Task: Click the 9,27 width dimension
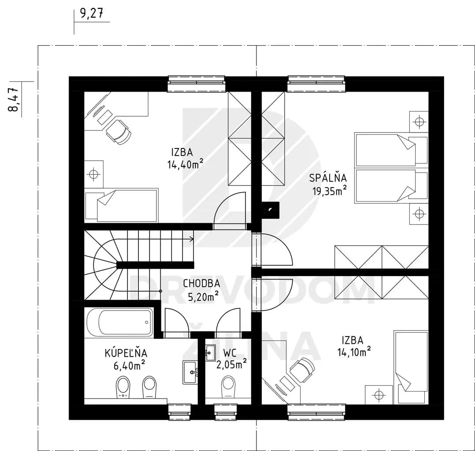click(x=92, y=14)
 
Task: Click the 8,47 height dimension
click(x=14, y=100)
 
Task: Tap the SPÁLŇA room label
click(x=328, y=177)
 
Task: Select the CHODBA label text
click(x=201, y=284)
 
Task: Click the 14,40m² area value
click(x=185, y=164)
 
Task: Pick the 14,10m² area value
click(x=354, y=352)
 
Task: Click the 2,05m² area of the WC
click(x=231, y=364)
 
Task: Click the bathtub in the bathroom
click(x=120, y=322)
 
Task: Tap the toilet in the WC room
click(x=228, y=387)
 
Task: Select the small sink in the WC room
click(x=210, y=353)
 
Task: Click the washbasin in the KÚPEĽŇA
click(x=190, y=372)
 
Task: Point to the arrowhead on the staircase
click(x=192, y=239)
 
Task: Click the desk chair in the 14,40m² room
click(x=119, y=132)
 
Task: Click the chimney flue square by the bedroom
click(x=270, y=209)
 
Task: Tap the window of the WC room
click(x=226, y=412)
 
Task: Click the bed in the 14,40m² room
click(x=122, y=205)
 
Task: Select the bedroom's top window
click(x=316, y=84)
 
